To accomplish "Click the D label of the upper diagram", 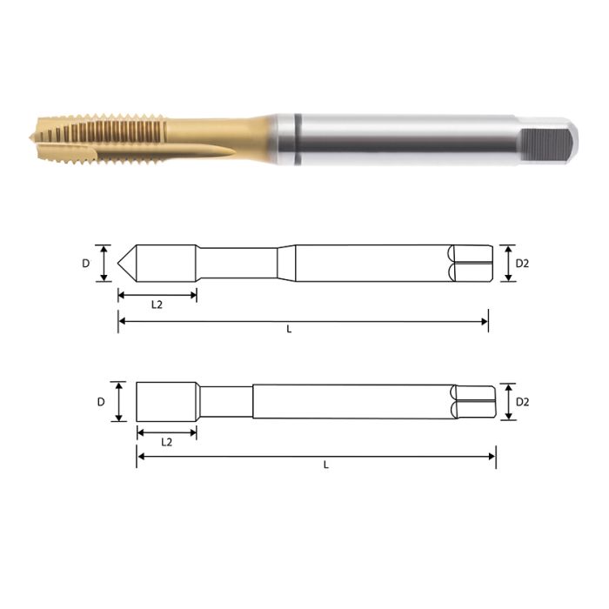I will point(87,262).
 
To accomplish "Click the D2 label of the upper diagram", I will point(522,263).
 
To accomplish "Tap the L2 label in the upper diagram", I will point(157,305).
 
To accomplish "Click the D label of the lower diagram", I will point(101,402).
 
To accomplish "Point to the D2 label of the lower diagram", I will point(523,402).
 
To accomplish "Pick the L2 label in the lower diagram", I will point(166,442).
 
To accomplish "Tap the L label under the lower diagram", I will point(326,465).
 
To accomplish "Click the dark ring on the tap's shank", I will point(297,139).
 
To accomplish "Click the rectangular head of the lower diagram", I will point(165,402).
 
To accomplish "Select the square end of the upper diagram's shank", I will point(471,263).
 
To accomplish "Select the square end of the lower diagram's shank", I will point(475,402).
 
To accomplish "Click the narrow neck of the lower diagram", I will point(225,402).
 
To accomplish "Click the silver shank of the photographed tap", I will point(409,139).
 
